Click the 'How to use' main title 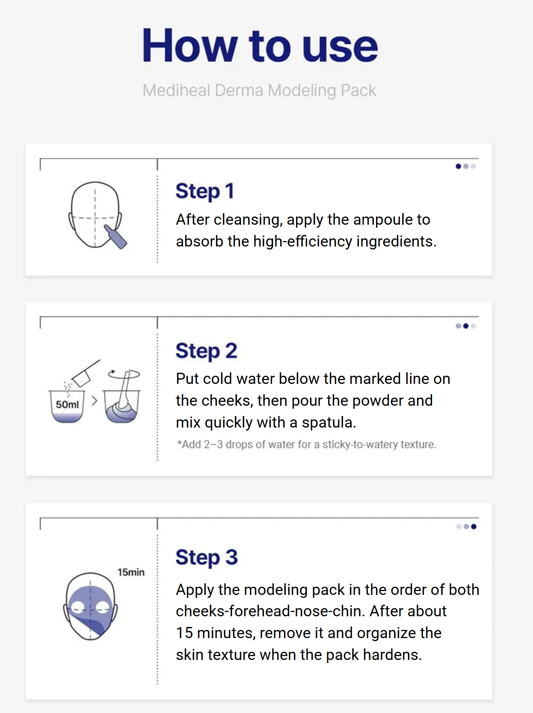coord(260,45)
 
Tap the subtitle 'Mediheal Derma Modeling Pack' coord(259,90)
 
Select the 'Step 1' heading coord(205,191)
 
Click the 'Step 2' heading coord(206,351)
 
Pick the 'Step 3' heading coord(207,557)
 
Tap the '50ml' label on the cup coord(67,404)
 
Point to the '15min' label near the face coord(131,572)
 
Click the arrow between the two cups coord(95,401)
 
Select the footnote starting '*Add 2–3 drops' coord(306,444)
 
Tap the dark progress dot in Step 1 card coord(458,166)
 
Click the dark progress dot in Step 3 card coord(474,526)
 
